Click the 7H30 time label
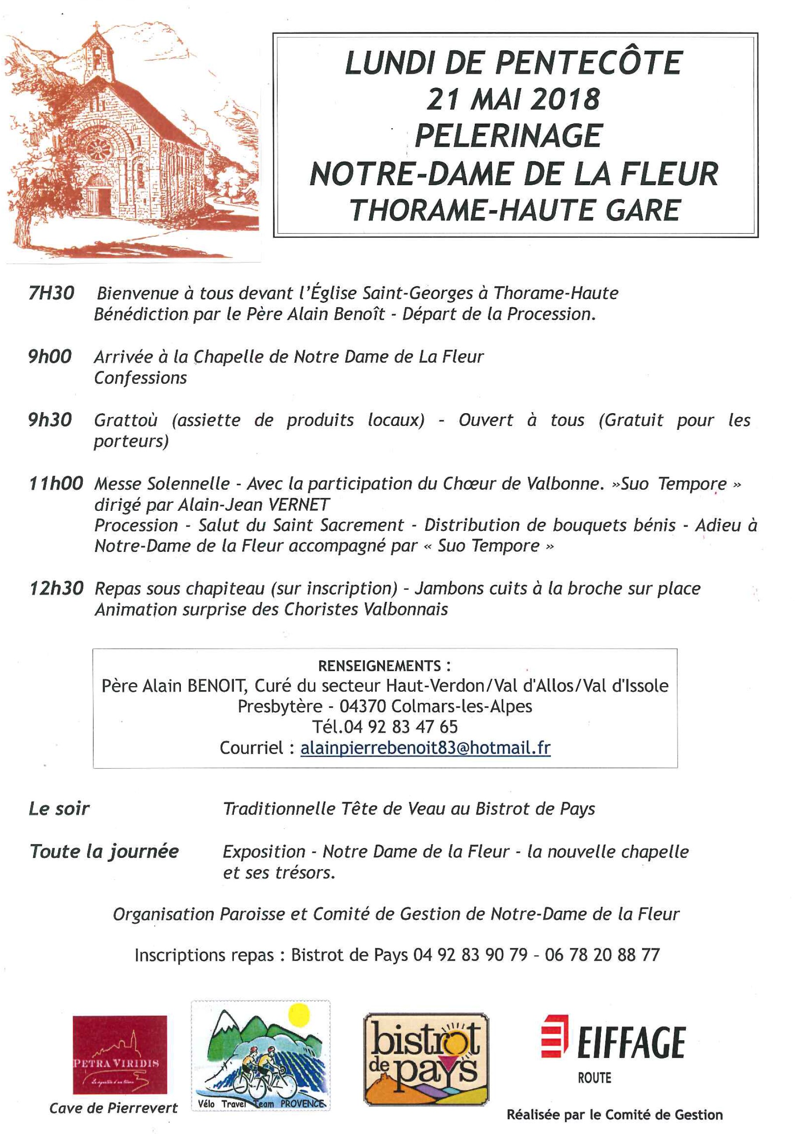tap(51, 293)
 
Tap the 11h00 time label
tap(56, 483)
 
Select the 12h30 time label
tap(56, 588)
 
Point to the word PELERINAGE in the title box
tap(508, 135)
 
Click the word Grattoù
tap(126, 420)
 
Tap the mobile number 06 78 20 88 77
tap(602, 955)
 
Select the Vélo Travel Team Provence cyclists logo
tap(261, 1056)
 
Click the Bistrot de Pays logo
tap(426, 1058)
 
